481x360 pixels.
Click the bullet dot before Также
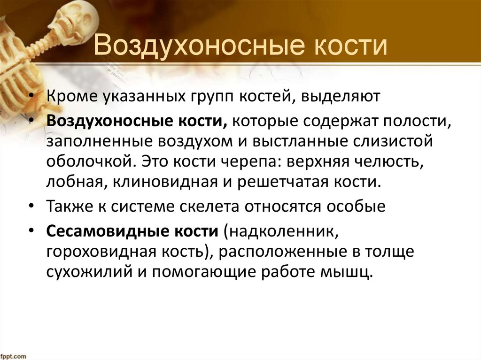[31, 207]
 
